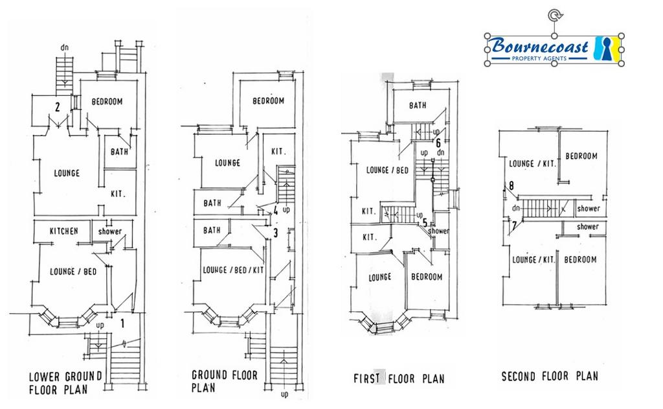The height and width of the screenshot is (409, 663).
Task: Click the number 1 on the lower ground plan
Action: point(122,323)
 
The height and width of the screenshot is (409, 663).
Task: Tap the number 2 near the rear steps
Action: point(58,107)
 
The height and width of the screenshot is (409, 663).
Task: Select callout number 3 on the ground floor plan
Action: point(275,233)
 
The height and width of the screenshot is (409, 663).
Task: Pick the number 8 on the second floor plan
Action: point(511,185)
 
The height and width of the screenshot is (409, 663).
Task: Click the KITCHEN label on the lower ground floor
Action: point(64,231)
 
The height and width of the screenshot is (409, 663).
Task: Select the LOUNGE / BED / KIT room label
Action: point(233,270)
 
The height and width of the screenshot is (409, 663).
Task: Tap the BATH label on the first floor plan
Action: point(418,105)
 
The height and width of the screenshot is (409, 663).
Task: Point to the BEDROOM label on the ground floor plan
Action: point(269,100)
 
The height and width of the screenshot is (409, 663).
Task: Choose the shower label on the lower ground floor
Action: point(110,231)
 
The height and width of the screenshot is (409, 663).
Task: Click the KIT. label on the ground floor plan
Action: point(278,151)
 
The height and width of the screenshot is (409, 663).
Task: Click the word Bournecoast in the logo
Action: point(540,46)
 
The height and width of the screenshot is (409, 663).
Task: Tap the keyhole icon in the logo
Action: point(606,48)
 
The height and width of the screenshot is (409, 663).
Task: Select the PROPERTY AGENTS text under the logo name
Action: point(539,58)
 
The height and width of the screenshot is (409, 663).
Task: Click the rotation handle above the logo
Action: point(554,16)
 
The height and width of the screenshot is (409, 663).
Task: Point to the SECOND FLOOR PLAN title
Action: point(550,376)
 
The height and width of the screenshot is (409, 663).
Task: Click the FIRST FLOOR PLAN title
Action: point(399,378)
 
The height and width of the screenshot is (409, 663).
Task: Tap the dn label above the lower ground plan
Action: point(64,48)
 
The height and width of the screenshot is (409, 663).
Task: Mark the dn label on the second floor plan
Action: point(516,208)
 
